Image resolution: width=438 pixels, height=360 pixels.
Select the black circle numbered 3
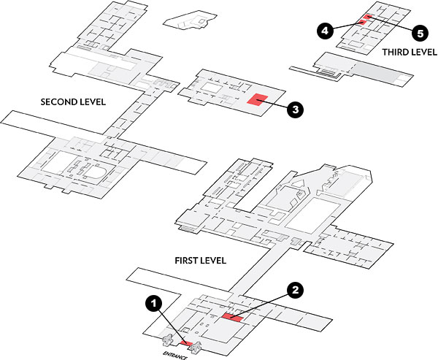294,110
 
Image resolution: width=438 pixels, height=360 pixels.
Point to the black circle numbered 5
418,33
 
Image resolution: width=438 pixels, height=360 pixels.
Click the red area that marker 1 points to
186,342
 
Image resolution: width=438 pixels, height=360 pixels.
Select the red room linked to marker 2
234,318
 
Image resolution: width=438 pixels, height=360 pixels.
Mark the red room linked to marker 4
361,22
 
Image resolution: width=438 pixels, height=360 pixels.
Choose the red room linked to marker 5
368,16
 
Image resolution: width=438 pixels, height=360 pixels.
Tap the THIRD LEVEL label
405,53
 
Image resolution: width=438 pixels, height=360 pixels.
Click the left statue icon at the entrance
168,339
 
